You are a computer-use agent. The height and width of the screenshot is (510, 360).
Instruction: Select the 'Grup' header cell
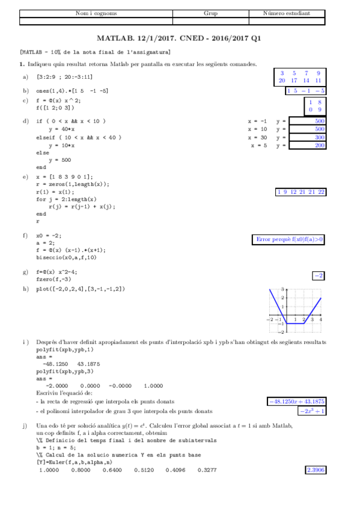point(210,13)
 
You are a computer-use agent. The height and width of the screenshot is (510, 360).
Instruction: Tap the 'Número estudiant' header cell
point(287,13)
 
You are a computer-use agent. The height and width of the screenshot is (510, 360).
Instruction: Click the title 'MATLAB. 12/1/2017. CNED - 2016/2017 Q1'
point(180,37)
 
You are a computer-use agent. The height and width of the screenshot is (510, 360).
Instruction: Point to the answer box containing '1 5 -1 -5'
point(306,91)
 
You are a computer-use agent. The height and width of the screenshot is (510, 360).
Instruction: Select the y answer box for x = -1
point(307,121)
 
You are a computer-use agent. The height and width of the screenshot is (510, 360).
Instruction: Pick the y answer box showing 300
point(307,137)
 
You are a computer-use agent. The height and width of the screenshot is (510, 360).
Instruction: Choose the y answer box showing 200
point(307,146)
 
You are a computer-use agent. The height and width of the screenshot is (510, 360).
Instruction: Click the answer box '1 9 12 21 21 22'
point(301,192)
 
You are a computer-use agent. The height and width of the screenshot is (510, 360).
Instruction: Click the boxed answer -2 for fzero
point(319,275)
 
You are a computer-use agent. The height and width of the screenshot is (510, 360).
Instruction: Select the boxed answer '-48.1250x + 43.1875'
point(297,402)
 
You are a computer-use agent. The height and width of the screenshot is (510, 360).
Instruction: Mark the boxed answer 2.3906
point(316,470)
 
